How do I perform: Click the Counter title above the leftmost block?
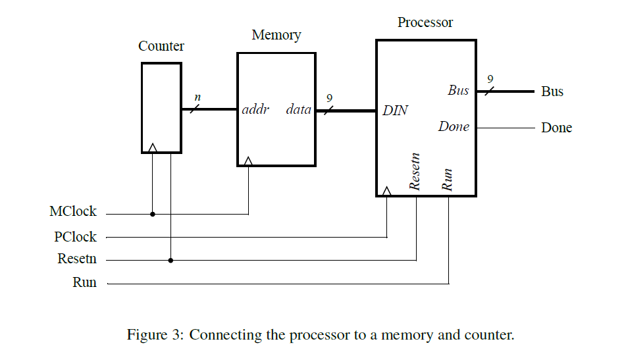pos(161,47)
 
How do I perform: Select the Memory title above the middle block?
pos(276,36)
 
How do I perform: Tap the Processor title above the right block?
pos(425,22)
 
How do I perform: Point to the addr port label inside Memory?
pos(256,109)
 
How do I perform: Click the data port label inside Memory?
pos(298,109)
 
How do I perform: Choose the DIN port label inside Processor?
pos(395,111)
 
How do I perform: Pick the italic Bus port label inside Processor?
pos(458,91)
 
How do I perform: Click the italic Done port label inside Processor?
pos(454,126)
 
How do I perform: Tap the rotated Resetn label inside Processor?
pos(415,172)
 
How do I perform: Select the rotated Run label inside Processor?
pos(448,180)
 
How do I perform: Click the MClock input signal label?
pos(73,212)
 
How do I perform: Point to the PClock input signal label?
pos(75,237)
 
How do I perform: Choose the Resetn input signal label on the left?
pos(77,259)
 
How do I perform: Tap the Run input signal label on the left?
pos(84,283)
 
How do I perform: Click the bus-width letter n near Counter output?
pos(197,98)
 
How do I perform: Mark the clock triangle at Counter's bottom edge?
pos(153,148)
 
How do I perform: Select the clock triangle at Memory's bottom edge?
pos(248,161)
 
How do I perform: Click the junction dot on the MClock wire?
pos(153,214)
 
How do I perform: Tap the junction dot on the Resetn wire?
pos(170,260)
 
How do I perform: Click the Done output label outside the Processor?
pos(556,128)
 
